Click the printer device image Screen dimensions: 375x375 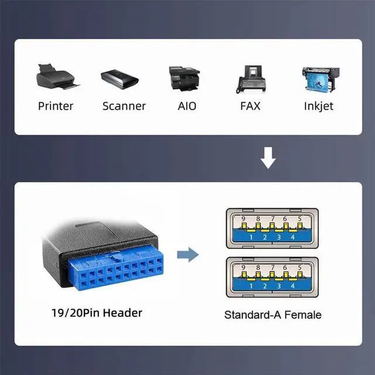(58, 77)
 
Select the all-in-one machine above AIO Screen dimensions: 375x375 (184, 78)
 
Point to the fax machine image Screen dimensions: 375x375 (251, 79)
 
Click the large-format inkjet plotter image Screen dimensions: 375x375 (321, 80)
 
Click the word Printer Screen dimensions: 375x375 (56, 106)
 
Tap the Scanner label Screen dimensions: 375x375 (124, 106)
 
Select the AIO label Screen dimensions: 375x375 (187, 106)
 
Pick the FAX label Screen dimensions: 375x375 (250, 106)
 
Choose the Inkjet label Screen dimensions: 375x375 (319, 106)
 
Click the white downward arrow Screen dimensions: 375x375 (268, 158)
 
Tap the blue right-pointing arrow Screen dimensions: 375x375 (187, 254)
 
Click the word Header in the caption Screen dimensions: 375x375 (122, 313)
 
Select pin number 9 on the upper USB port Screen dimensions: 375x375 (243, 219)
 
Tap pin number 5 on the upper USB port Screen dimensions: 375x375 (300, 219)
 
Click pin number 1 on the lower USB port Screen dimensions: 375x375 (251, 286)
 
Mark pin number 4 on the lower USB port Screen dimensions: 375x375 (293, 286)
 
